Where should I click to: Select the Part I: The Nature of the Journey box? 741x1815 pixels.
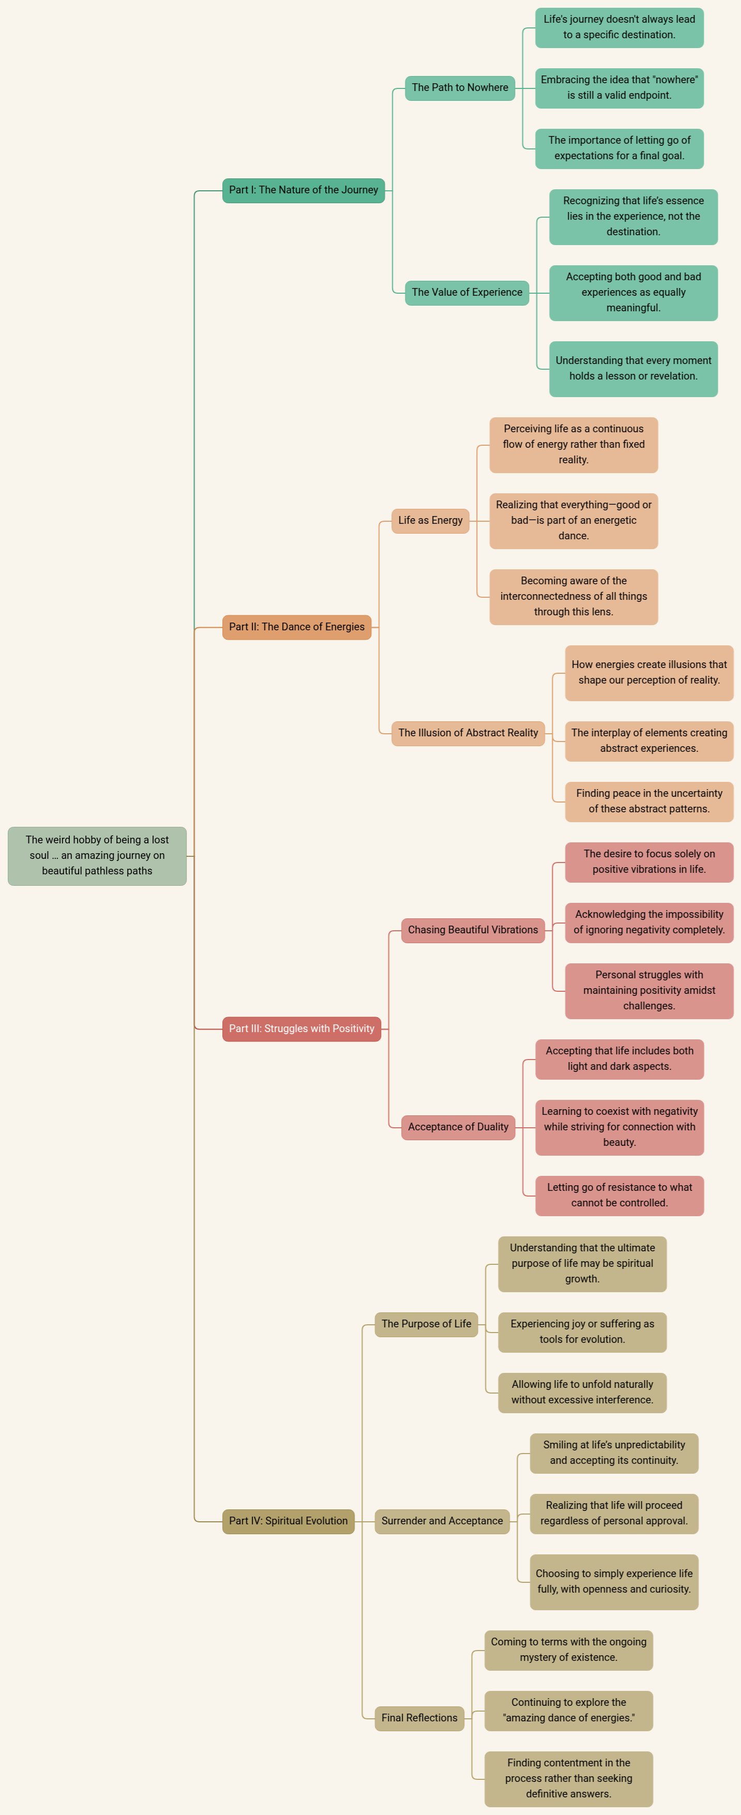coord(304,190)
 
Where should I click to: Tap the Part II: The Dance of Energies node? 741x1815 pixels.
coord(296,627)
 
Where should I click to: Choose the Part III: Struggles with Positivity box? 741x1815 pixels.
coord(301,1028)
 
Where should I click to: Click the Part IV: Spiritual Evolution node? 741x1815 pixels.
coord(288,1521)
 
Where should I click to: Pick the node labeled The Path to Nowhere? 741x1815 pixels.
coord(460,88)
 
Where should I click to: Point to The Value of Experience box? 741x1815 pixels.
coord(467,292)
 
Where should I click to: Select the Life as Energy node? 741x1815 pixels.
coord(430,521)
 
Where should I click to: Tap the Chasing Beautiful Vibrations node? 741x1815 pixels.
coord(473,930)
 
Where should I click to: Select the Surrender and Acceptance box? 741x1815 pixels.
coord(442,1521)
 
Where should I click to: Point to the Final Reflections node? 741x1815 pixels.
coord(419,1718)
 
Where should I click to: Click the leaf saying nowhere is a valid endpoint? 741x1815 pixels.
coord(619,88)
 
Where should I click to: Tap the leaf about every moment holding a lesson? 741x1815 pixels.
coord(633,369)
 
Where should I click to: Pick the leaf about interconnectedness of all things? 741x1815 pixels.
coord(573,597)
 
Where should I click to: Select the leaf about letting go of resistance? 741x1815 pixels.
coord(619,1196)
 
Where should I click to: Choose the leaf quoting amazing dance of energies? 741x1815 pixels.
coord(568,1711)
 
